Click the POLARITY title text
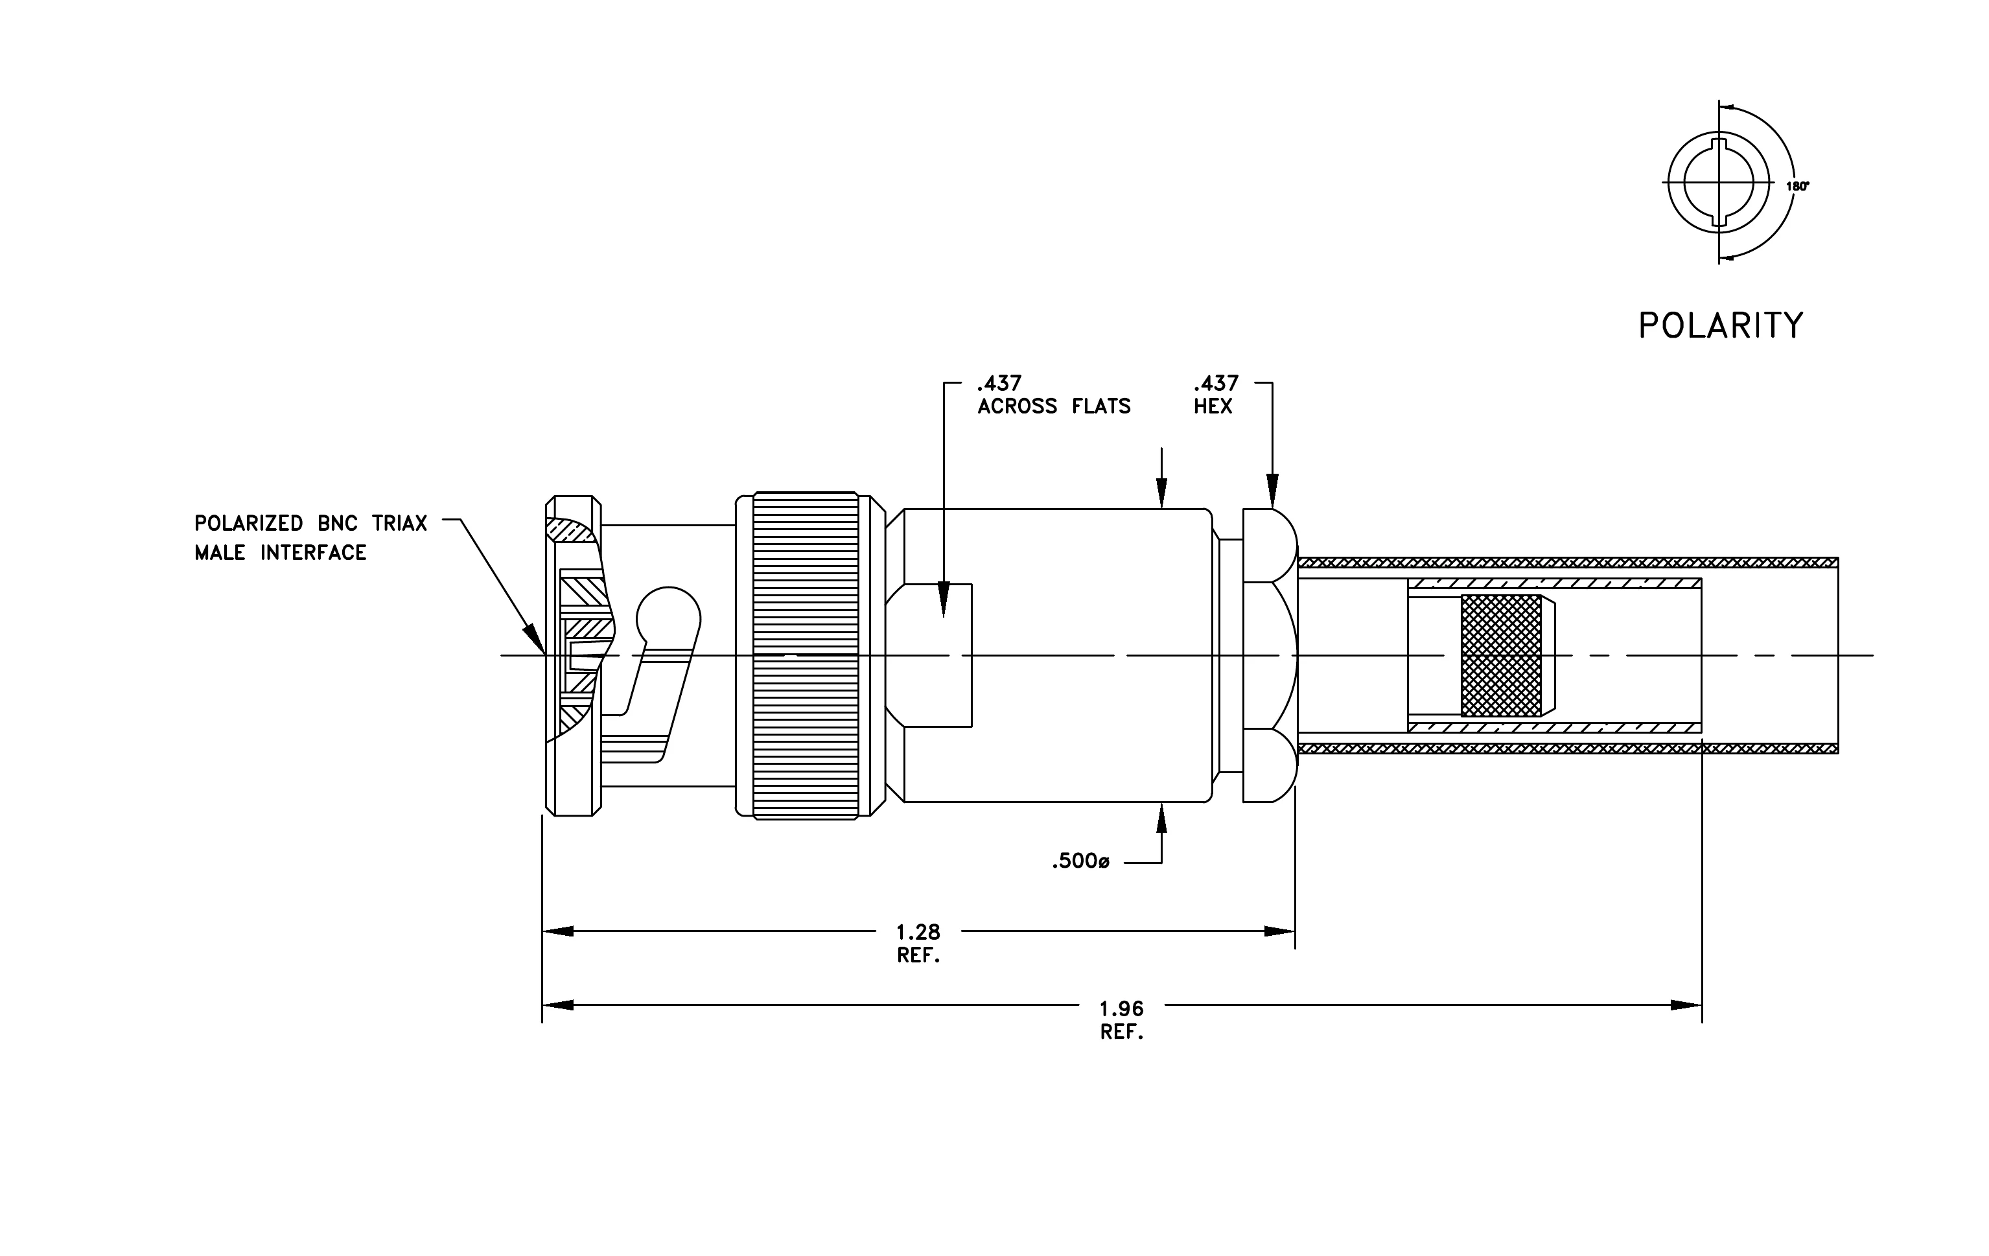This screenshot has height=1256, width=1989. pyautogui.click(x=1721, y=326)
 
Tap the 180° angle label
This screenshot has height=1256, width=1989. pyautogui.click(x=1797, y=187)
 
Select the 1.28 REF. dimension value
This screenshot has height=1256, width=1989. pyautogui.click(x=918, y=944)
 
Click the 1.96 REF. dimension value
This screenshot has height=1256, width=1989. pyautogui.click(x=1122, y=1020)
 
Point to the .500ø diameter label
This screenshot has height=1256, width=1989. pyautogui.click(x=1080, y=862)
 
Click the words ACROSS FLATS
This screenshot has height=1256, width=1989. pyautogui.click(x=1054, y=406)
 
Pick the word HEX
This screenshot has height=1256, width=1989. pyautogui.click(x=1213, y=406)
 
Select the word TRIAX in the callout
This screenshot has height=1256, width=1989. pyautogui.click(x=400, y=524)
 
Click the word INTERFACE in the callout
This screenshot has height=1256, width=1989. pyautogui.click(x=313, y=552)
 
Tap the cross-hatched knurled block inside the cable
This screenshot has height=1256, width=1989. pyautogui.click(x=1501, y=656)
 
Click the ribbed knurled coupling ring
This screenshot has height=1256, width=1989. pyautogui.click(x=806, y=656)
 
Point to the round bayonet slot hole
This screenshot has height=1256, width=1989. pyautogui.click(x=669, y=618)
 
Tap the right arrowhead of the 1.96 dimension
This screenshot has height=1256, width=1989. pyautogui.click(x=1687, y=1006)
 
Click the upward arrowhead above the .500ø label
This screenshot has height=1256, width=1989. pyautogui.click(x=1161, y=817)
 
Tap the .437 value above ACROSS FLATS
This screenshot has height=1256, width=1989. pyautogui.click(x=999, y=383)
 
